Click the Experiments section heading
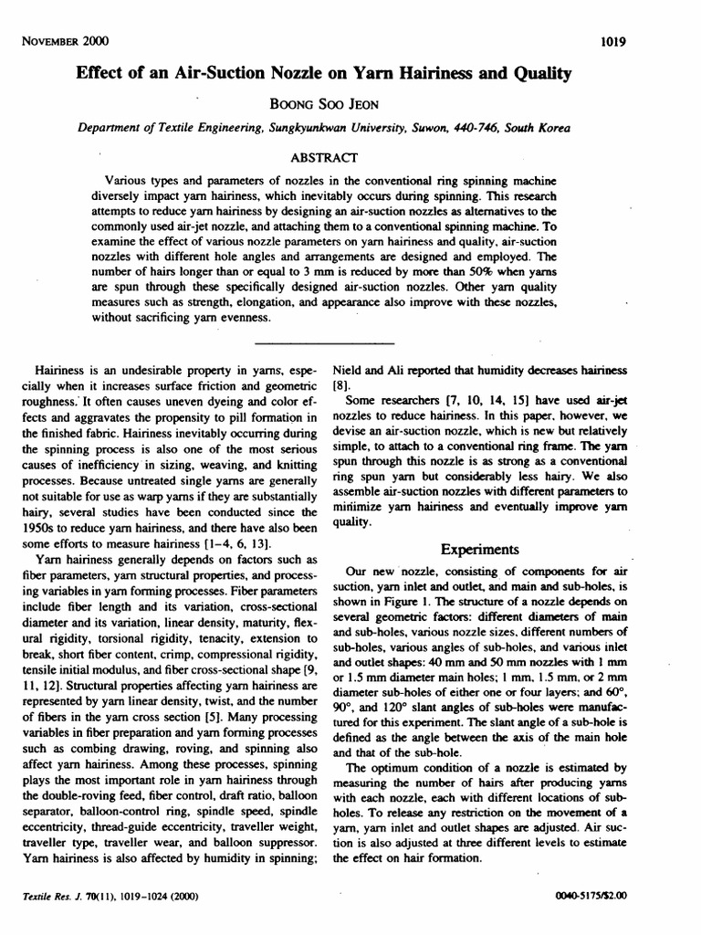click(479, 550)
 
